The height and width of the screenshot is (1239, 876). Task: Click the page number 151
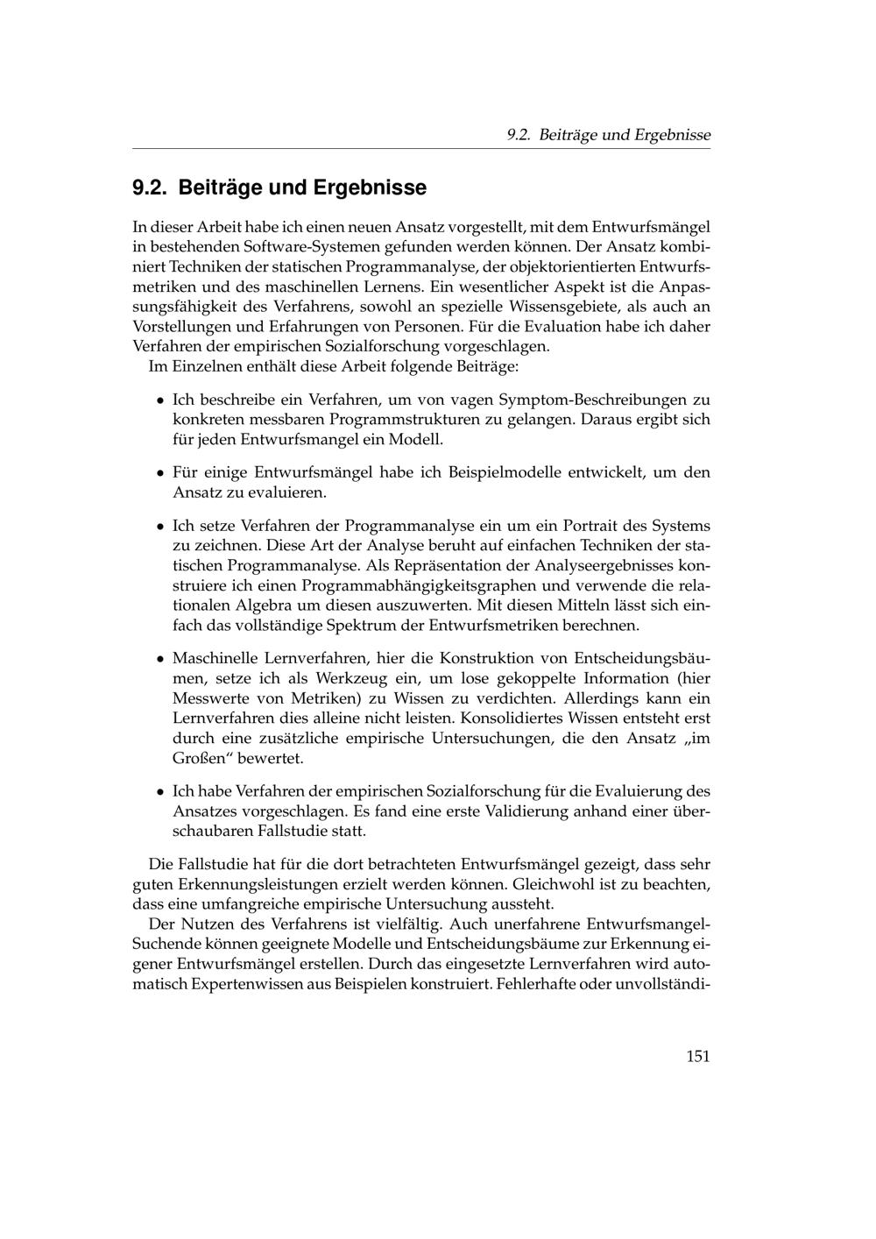pyautogui.click(x=697, y=1056)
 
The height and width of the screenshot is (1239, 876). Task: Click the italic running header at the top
pyautogui.click(x=609, y=135)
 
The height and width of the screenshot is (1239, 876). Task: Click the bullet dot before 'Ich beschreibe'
pyautogui.click(x=160, y=400)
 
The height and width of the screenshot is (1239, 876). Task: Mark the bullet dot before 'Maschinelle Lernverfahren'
pyautogui.click(x=160, y=659)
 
